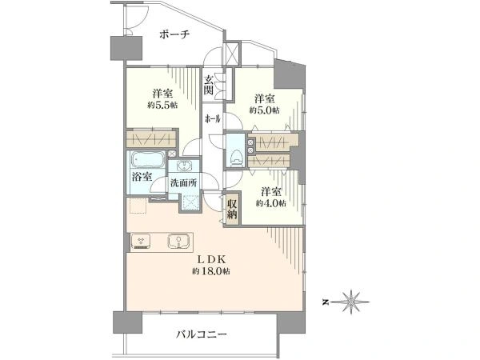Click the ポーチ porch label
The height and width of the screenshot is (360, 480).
(x=174, y=34)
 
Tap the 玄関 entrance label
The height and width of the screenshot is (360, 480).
(x=209, y=85)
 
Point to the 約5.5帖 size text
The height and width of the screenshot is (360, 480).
(x=162, y=105)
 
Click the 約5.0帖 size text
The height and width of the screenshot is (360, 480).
(x=264, y=110)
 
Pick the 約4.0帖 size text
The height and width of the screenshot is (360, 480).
(x=271, y=203)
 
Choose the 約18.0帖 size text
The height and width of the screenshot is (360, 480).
(x=211, y=271)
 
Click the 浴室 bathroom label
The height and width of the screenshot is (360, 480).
(x=142, y=177)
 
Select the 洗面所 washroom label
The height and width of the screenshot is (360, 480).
(x=184, y=183)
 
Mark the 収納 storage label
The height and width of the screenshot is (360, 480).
(x=232, y=209)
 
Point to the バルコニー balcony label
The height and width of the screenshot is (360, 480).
(x=201, y=334)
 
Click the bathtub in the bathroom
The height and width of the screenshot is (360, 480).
(x=146, y=160)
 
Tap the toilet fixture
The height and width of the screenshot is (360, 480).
(x=235, y=157)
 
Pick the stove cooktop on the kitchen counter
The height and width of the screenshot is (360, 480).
(x=141, y=240)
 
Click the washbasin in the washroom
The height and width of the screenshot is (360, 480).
(x=184, y=166)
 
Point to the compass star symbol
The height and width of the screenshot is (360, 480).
(x=350, y=302)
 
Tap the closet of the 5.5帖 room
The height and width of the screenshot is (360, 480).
(x=151, y=139)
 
